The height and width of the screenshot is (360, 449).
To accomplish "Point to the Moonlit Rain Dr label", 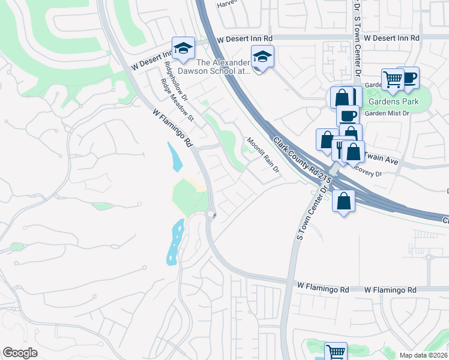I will tap(263, 155).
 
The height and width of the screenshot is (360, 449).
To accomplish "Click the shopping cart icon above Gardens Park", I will tap(393, 79).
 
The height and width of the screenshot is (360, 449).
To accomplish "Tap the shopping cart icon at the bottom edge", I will tap(336, 352).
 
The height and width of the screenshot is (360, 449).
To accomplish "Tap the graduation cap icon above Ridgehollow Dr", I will tap(182, 47).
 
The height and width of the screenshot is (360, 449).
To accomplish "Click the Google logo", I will tap(20, 353).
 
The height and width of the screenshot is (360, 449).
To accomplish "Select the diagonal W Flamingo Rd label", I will tap(172, 127).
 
